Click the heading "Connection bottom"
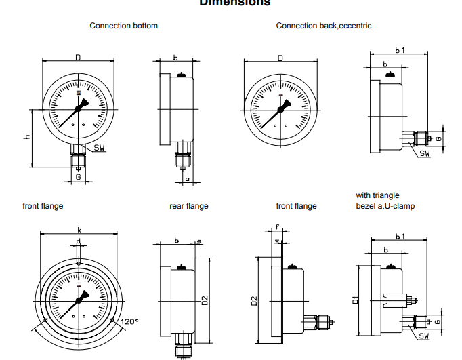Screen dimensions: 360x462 click(x=123, y=26)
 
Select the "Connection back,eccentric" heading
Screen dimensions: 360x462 click(x=323, y=26)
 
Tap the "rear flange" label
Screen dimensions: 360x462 click(x=188, y=206)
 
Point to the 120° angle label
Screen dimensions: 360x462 click(x=129, y=321)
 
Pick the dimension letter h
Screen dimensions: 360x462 click(x=27, y=138)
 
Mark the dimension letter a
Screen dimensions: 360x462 click(x=186, y=179)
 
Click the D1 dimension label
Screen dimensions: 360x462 click(x=354, y=299)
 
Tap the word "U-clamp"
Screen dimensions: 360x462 click(x=398, y=206)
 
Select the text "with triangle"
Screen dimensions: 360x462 click(x=377, y=195)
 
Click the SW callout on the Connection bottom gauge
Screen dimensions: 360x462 click(x=99, y=148)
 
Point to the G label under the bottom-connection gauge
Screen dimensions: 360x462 click(x=79, y=177)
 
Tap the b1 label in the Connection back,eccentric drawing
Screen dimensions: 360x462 click(x=400, y=50)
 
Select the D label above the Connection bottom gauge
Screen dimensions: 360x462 click(x=78, y=58)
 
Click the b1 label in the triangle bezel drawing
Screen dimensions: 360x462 click(x=399, y=236)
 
